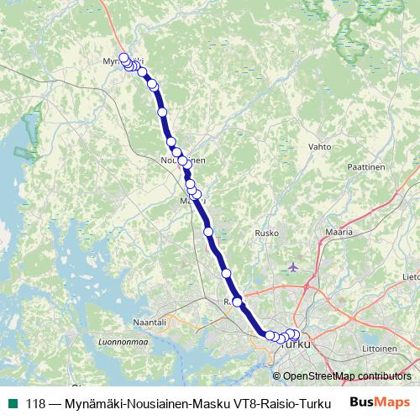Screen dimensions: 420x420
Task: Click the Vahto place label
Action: tap(320, 146)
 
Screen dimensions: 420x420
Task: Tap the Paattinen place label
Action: tap(365, 166)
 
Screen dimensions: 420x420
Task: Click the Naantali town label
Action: tap(151, 322)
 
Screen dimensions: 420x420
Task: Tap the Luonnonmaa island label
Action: tap(123, 342)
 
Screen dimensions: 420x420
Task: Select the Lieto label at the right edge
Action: tap(412, 275)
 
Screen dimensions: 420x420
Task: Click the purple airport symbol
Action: tap(292, 267)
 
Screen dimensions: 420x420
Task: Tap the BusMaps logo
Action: tap(380, 402)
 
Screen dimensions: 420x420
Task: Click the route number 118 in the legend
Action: tap(36, 402)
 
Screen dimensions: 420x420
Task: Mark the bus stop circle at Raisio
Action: tap(238, 302)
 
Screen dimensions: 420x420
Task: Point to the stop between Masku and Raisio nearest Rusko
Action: tap(226, 273)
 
